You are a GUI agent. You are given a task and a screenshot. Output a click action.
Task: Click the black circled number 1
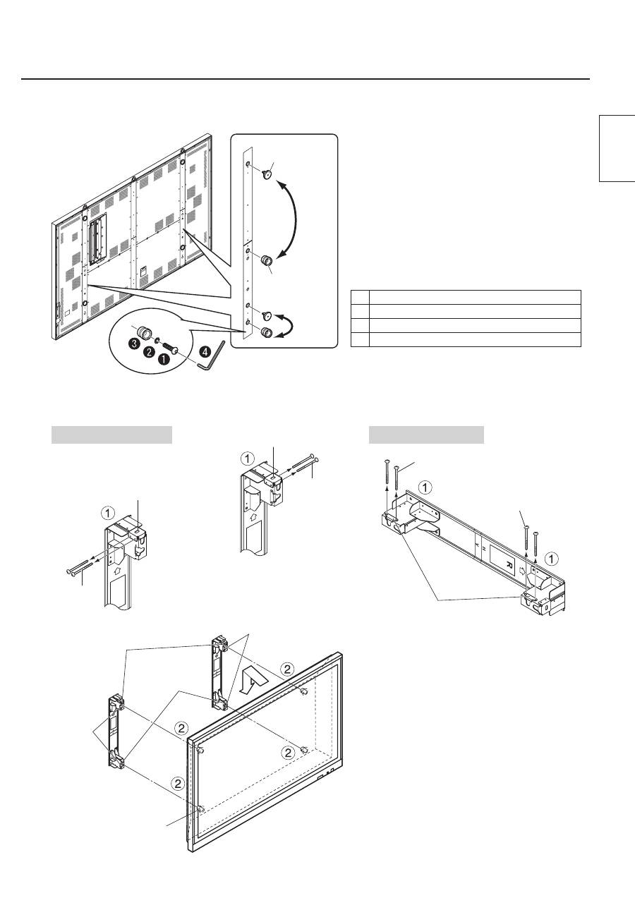point(164,359)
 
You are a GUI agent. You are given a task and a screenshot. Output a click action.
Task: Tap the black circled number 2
point(149,352)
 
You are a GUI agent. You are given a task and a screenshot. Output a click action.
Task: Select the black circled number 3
point(135,344)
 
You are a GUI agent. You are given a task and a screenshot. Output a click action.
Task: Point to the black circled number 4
point(205,351)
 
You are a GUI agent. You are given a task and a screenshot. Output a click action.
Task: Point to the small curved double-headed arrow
point(291,324)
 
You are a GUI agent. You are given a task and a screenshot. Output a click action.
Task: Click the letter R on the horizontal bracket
point(509,564)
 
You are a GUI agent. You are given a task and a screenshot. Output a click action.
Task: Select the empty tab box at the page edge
point(617,148)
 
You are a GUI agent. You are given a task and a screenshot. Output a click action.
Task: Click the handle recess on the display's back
point(98,239)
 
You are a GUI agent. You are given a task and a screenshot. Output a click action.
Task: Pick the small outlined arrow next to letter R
point(521,570)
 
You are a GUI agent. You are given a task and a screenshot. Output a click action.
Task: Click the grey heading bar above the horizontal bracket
point(426,435)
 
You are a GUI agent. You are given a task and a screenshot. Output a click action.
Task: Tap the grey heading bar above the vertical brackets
point(112,435)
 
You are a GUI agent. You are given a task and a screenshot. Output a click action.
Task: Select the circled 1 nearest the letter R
point(552,559)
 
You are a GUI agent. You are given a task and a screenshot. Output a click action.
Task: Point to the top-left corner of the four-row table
point(351,290)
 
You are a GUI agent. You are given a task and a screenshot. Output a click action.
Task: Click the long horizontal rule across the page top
point(306,79)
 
